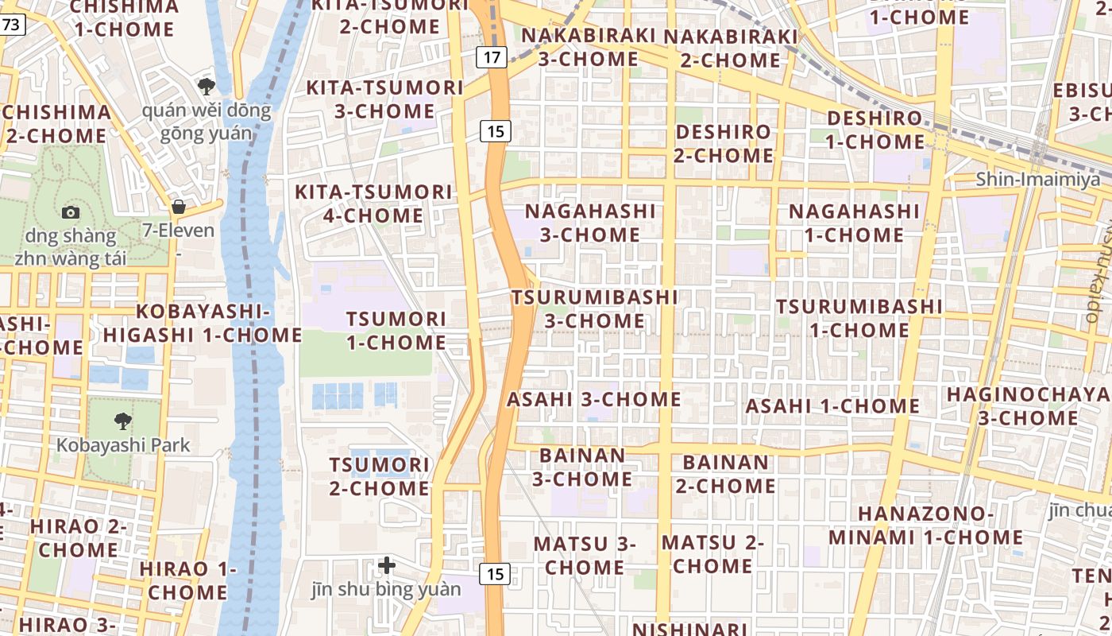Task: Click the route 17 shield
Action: click(492, 56)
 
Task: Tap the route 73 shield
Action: click(11, 25)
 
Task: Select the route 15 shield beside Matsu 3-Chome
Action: click(496, 573)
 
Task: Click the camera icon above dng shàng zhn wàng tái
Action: click(71, 212)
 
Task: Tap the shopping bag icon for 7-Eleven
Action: click(179, 207)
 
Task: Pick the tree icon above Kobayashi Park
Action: click(123, 421)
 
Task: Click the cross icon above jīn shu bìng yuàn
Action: click(387, 565)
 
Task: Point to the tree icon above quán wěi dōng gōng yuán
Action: click(207, 85)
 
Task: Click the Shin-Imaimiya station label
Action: click(1038, 179)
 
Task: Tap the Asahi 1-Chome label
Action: click(832, 406)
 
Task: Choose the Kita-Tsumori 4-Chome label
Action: click(373, 204)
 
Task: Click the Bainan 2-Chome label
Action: click(725, 474)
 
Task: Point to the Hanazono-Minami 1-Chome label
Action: click(925, 525)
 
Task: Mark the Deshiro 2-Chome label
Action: click(723, 143)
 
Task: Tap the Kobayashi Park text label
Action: click(123, 444)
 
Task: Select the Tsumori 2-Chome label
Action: click(380, 476)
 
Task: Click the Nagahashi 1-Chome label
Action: click(854, 223)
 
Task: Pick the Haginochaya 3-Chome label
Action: click(1028, 406)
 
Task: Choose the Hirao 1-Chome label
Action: click(187, 580)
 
